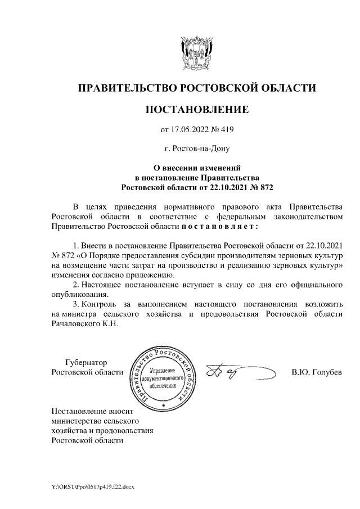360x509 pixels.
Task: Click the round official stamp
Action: (163, 375)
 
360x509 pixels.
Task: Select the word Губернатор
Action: (85, 362)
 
